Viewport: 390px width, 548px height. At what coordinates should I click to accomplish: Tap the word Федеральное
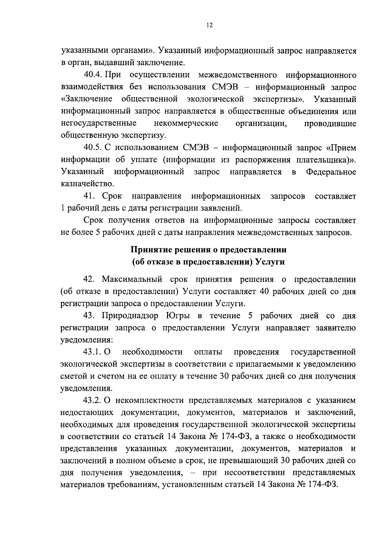click(331, 172)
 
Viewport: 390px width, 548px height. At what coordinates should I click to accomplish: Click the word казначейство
click(87, 184)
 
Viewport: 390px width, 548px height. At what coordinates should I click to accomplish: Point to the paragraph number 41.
click(89, 196)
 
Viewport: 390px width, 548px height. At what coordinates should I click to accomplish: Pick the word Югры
click(178, 316)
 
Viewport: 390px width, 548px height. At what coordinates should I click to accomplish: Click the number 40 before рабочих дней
click(264, 292)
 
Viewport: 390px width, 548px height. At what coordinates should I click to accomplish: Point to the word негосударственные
click(98, 124)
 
